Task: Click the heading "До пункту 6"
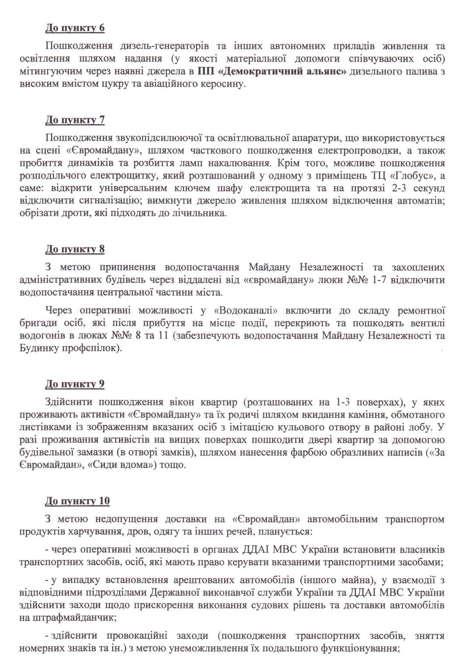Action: (x=75, y=28)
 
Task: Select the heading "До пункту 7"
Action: (x=75, y=120)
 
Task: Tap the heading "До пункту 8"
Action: (x=75, y=249)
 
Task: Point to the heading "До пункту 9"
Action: (x=75, y=384)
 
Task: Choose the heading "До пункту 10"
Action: (x=77, y=501)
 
